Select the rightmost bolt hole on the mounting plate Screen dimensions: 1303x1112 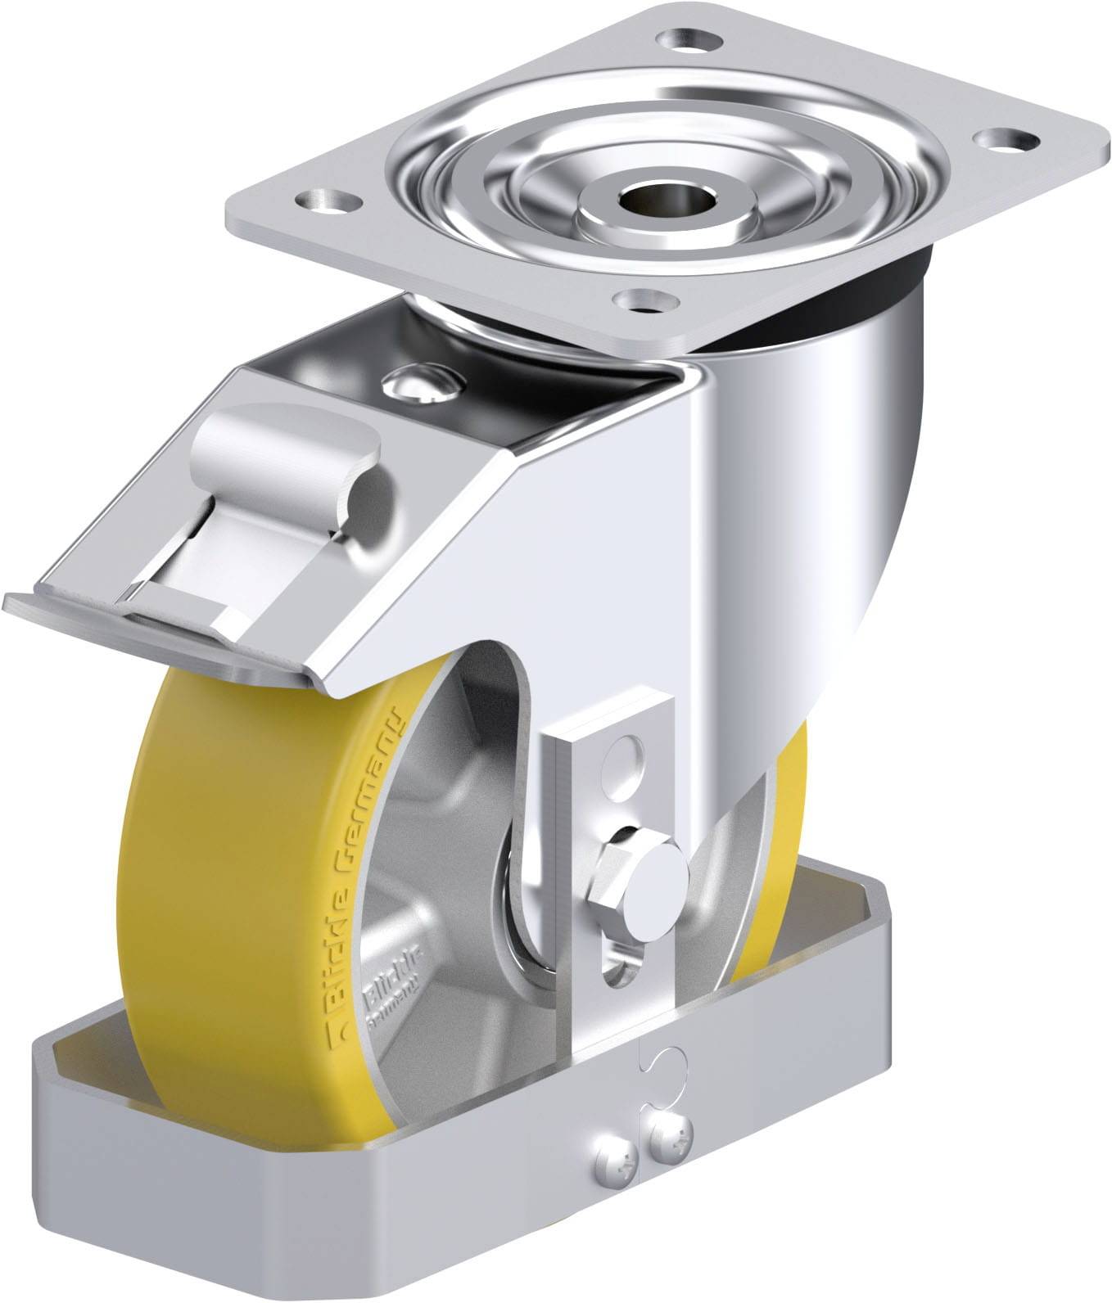tap(1004, 140)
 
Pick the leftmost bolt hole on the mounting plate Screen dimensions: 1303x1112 tap(326, 199)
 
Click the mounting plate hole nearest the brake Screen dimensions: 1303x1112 tap(645, 301)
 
